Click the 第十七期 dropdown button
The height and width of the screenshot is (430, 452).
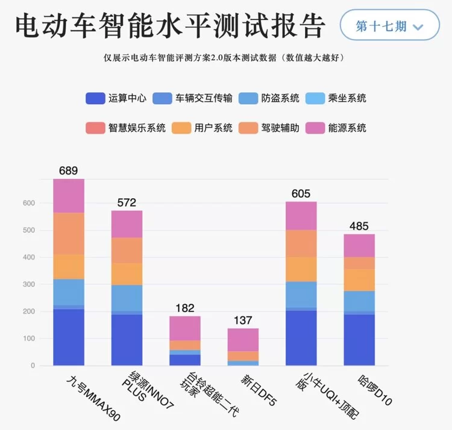click(389, 26)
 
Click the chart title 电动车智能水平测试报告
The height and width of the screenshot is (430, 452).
click(170, 26)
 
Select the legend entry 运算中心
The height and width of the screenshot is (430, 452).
click(118, 98)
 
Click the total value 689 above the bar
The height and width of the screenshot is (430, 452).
click(69, 170)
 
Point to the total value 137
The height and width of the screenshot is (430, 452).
click(243, 320)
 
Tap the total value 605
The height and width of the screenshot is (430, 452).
click(301, 193)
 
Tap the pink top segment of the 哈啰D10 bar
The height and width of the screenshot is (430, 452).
click(359, 246)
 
